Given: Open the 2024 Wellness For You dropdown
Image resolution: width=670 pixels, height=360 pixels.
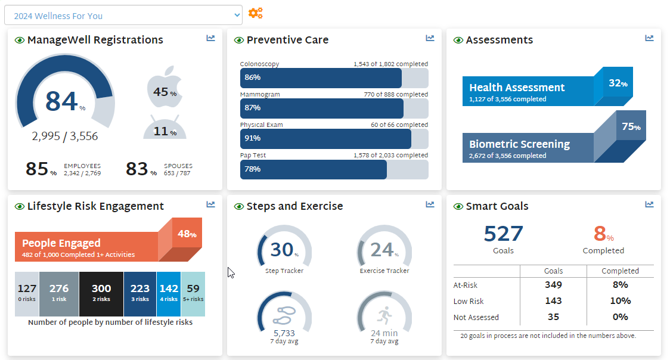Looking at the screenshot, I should pos(123,15).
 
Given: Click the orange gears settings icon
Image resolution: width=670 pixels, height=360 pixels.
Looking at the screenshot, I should pos(255,13).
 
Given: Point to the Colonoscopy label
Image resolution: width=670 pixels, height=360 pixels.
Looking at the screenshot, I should pos(259,64).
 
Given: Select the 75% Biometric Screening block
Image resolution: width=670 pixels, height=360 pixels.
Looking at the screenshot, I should pos(631,126).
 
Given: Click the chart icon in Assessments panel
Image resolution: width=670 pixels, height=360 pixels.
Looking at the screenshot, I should pos(649,38).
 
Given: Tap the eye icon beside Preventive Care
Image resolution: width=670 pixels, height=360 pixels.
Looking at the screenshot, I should pos(239,41).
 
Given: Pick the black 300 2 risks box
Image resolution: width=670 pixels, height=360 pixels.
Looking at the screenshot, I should pos(101,293).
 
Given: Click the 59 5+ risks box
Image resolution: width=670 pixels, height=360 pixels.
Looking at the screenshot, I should pos(193,293).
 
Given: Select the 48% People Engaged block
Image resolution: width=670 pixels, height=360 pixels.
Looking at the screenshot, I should pos(187,234).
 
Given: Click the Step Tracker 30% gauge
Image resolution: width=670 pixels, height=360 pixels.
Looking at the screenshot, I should pos(284,250).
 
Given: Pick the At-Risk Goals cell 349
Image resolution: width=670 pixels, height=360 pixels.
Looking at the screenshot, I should pos(553,285).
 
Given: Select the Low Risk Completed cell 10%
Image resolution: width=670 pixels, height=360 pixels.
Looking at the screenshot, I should pos(620,301).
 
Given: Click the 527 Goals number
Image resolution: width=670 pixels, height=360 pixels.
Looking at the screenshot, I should pos(503,234).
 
